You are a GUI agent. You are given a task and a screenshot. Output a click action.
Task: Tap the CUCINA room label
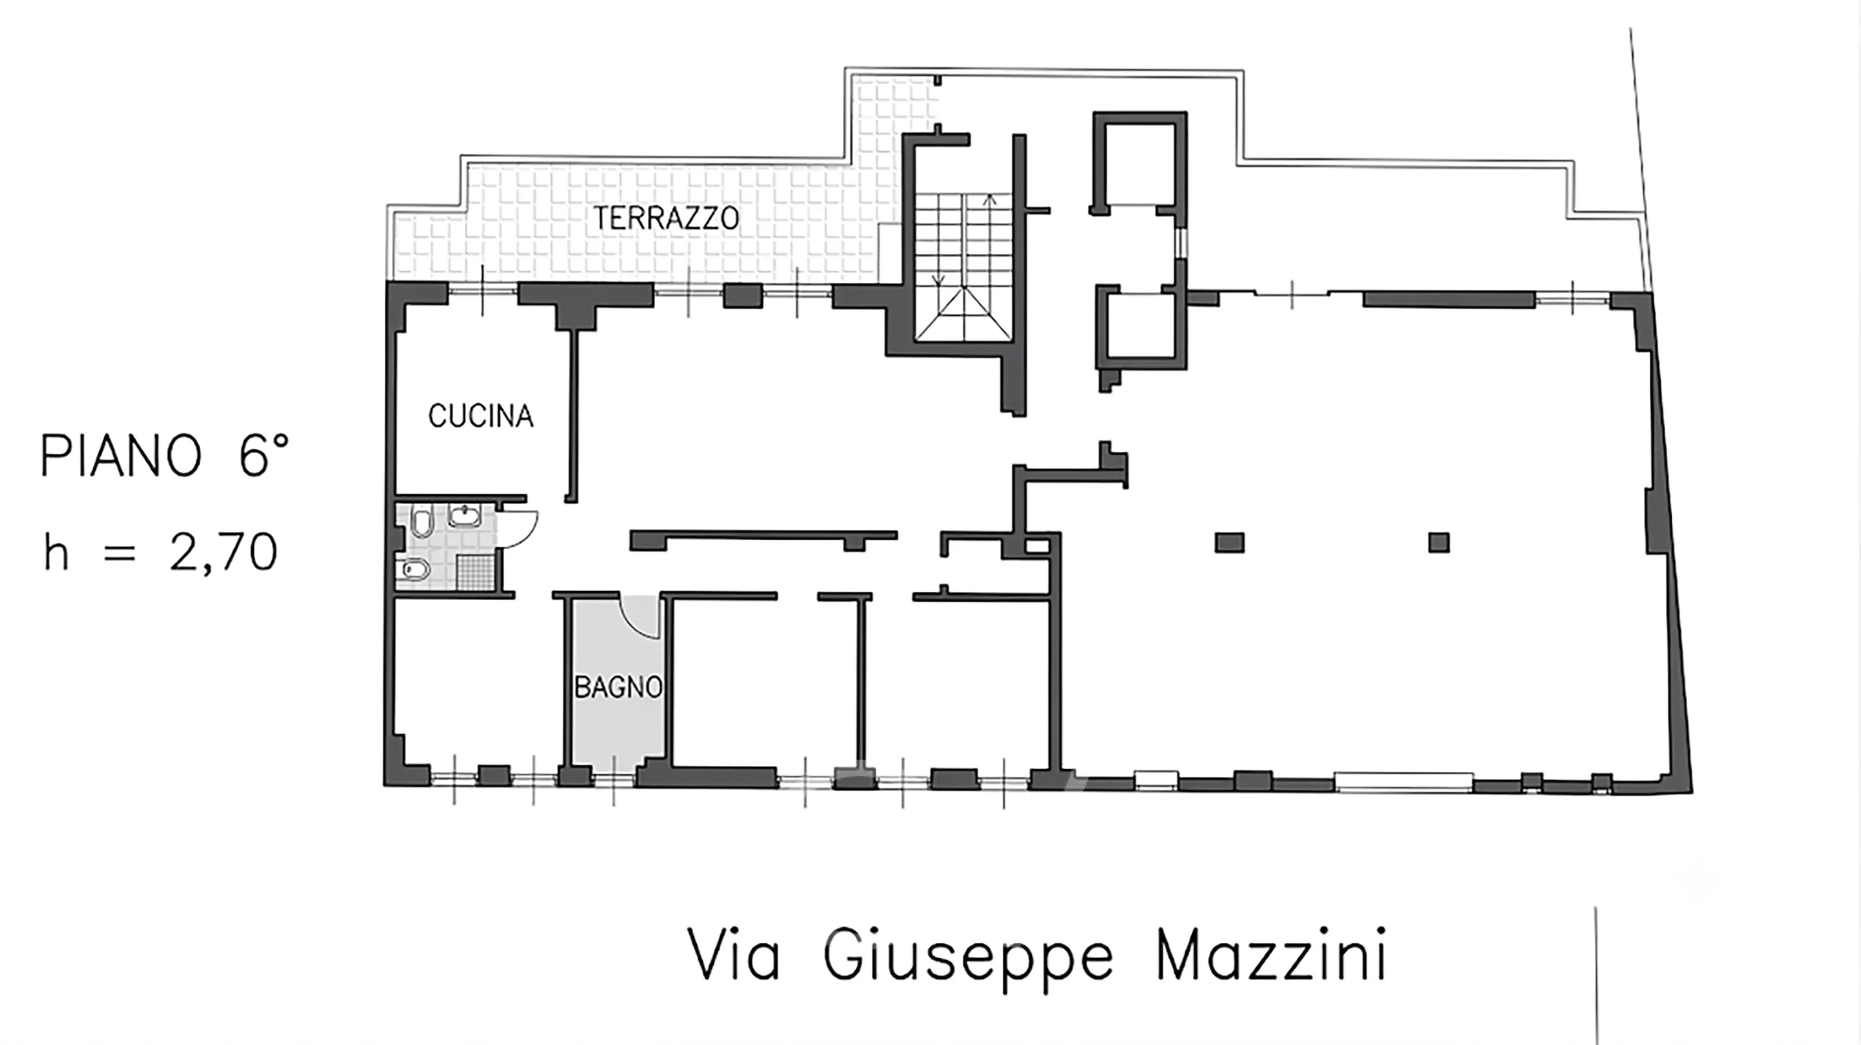pos(481,416)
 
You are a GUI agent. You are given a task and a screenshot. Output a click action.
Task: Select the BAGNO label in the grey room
pos(618,687)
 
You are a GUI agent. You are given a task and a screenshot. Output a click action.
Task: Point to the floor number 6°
pos(263,455)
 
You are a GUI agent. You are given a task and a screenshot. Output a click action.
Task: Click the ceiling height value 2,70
pos(224,552)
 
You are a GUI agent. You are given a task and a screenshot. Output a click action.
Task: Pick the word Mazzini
pos(1272,955)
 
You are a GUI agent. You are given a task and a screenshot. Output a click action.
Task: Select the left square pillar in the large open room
pos(1230,542)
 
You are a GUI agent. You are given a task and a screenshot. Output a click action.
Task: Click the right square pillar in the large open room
pos(1439,542)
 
